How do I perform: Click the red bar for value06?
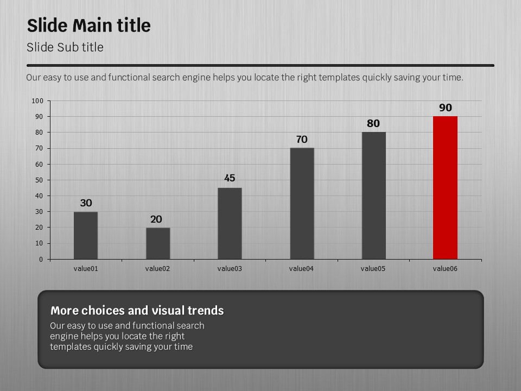click(445, 187)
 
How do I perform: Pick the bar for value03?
click(230, 223)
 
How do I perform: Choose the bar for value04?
click(302, 203)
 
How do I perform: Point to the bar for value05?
click(373, 195)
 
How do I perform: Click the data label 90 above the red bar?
click(445, 108)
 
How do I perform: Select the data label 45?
click(230, 178)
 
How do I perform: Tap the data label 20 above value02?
click(156, 219)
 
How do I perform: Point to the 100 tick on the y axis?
click(37, 100)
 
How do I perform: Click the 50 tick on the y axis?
click(39, 180)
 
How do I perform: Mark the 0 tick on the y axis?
click(41, 259)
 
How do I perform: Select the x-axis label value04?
click(301, 268)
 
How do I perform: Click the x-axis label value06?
click(445, 268)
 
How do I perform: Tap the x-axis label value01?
click(86, 268)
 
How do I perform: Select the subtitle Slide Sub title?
click(65, 47)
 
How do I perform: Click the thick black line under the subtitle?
click(260, 65)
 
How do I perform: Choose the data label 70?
click(302, 140)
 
